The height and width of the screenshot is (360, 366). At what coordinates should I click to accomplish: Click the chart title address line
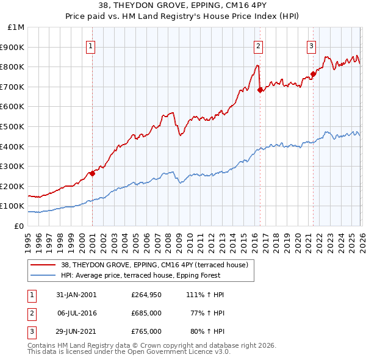182,7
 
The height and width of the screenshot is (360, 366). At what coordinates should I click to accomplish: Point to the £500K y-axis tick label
13,126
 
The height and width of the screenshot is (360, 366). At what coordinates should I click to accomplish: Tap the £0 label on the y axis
20,226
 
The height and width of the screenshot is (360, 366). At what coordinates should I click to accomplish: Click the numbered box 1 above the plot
91,45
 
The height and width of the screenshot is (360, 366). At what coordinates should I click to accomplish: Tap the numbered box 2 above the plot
259,45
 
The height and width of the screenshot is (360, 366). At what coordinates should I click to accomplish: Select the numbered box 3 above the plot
311,45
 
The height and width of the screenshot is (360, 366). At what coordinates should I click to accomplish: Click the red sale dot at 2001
93,173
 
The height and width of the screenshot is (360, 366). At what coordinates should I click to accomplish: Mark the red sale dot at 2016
260,90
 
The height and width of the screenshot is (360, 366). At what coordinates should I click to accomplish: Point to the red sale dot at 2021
313,74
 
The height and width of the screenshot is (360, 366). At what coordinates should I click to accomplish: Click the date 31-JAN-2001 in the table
76,295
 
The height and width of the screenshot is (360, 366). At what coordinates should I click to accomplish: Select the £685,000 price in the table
146,313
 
